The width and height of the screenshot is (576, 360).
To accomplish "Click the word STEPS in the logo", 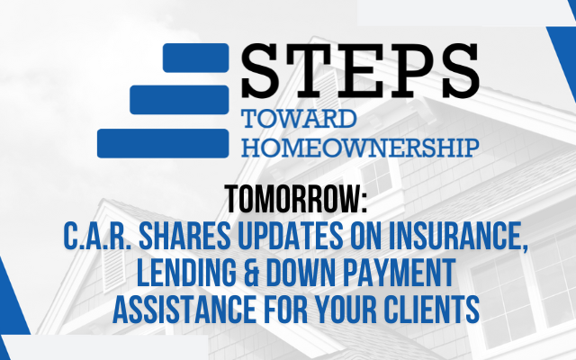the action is coord(360,70).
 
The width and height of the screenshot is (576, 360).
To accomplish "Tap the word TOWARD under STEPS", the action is coord(299,119).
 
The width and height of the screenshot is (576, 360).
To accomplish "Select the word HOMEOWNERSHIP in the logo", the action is coord(360,148).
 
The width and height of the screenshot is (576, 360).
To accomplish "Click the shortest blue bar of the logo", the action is coord(196,58).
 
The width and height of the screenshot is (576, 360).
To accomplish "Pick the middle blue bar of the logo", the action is coord(179,100).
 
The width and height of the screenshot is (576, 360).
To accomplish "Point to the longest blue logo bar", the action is coord(163,143).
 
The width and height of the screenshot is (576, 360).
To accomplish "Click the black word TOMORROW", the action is coord(296,199).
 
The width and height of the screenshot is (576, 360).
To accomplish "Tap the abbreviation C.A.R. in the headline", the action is coord(97,236).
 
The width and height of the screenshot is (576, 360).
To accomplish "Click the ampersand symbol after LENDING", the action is coord(251,273).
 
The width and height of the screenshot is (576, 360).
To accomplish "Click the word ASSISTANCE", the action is coord(184,310).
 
